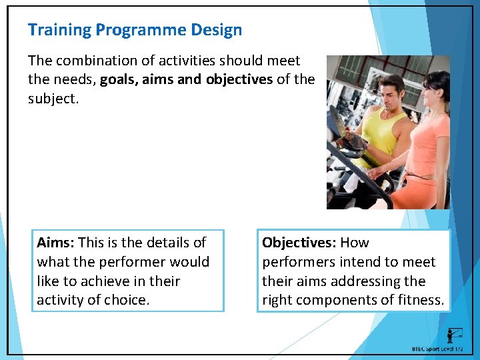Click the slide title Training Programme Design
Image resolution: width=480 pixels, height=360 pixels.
coord(135,30)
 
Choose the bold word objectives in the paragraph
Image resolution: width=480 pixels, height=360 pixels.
coord(239,79)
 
